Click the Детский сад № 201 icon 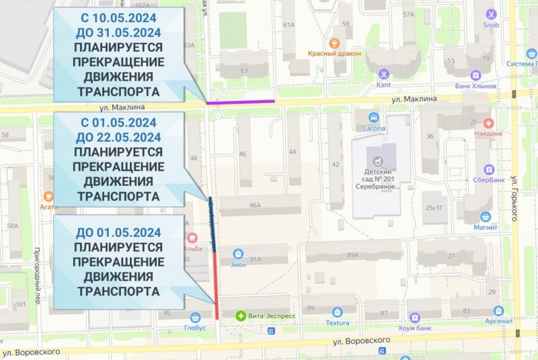[x=381, y=162]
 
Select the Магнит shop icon [x=486, y=217]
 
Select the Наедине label [x=488, y=133]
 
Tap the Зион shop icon [x=237, y=254]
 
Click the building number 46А [x=254, y=206]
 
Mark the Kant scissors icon [x=383, y=74]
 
